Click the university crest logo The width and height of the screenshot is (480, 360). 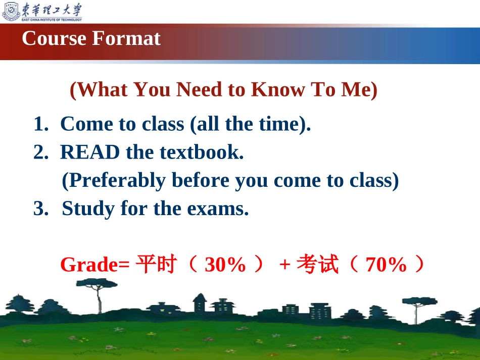point(11,11)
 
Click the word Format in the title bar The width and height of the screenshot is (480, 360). point(126,38)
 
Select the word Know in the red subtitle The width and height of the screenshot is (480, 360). point(278,89)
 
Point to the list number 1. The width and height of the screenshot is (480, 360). point(41,124)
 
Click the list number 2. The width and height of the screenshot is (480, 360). point(41,152)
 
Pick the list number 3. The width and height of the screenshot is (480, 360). point(41,209)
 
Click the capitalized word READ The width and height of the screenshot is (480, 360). point(90,152)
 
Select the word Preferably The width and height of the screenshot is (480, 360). point(117,180)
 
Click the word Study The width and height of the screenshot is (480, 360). point(88,209)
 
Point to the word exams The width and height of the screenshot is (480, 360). point(218,209)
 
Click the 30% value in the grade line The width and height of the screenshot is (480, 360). point(225,265)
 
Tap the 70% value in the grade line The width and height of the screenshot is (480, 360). point(386,265)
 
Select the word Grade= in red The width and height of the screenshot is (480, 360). point(95,265)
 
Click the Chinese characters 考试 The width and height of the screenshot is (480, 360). point(318,264)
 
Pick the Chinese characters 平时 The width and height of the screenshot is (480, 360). point(156,264)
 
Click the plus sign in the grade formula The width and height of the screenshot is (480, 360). point(284,264)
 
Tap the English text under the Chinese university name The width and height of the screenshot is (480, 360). point(52,20)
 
